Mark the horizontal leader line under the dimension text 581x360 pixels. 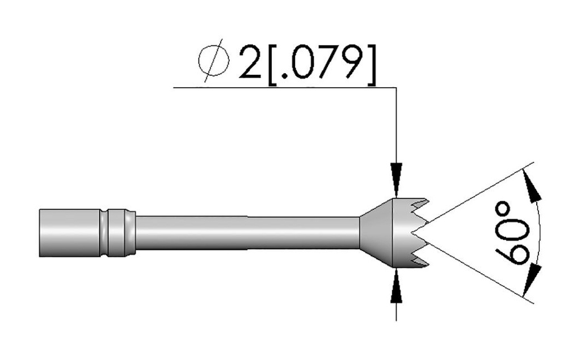pos(284,87)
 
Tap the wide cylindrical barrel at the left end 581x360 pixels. pos(68,232)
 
